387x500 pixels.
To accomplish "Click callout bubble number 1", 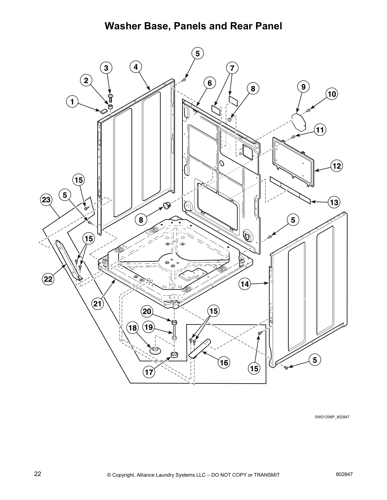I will [72, 102].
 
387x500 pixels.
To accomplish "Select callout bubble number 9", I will [303, 86].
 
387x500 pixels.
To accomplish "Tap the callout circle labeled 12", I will [337, 166].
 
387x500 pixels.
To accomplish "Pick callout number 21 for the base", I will [98, 304].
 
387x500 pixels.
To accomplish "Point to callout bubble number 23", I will [46, 200].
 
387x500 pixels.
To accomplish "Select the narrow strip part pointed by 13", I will [290, 190].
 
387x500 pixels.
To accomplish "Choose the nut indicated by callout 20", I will [174, 323].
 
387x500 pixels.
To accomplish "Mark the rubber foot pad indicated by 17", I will [174, 355].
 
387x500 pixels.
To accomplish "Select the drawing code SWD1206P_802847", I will [332, 417].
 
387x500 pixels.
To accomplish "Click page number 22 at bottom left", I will [38, 474].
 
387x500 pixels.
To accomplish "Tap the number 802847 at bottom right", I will [344, 474].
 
